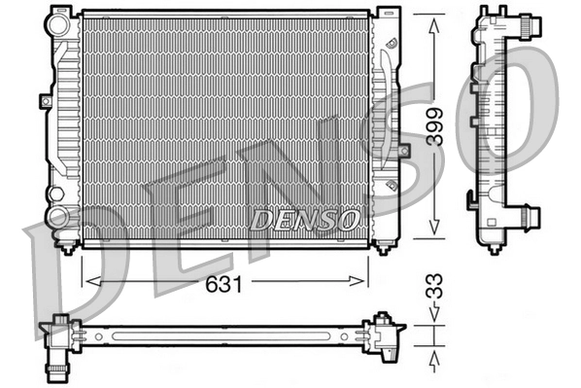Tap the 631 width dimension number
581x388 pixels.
click(x=225, y=283)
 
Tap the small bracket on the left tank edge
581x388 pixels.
click(x=45, y=100)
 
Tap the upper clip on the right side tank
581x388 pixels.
click(x=390, y=44)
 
